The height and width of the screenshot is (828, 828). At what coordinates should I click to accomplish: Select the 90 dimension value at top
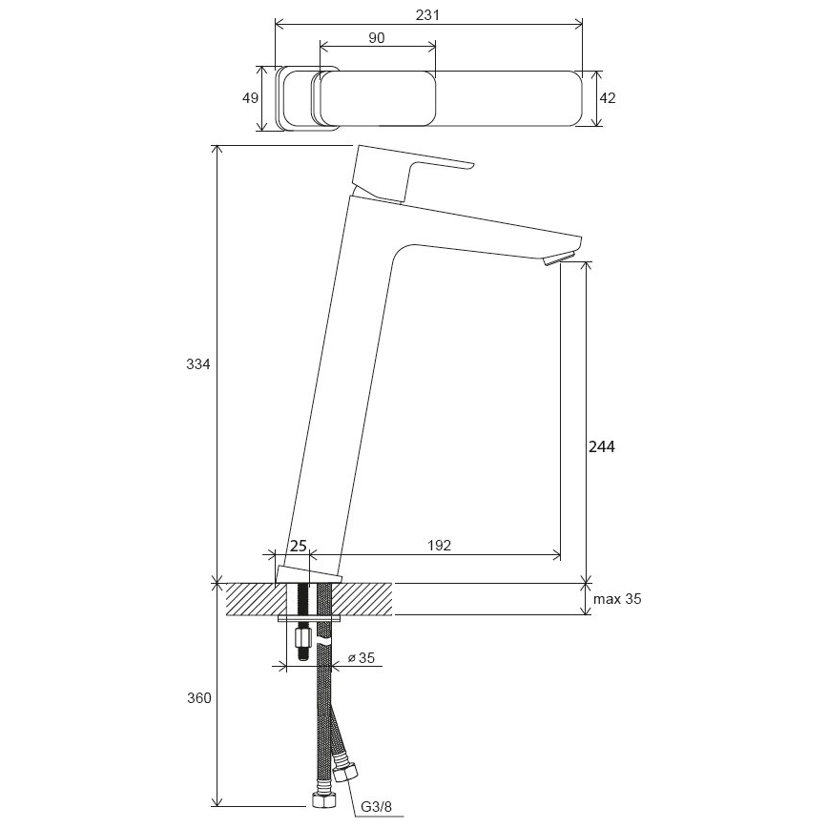coord(376,37)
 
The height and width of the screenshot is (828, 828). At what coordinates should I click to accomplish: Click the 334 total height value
coord(198,364)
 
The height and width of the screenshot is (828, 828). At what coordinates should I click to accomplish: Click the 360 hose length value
coord(198,698)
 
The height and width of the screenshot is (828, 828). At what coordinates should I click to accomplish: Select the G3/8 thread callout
coord(377,808)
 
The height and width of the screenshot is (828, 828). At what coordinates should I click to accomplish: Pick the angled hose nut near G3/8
coord(347,773)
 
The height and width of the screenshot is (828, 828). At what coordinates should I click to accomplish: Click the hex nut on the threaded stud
coord(301,637)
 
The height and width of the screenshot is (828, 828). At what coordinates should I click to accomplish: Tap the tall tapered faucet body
coord(343,382)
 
